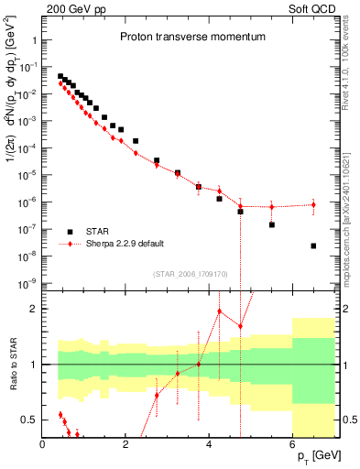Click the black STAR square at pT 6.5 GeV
click(313, 245)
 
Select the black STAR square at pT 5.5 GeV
click(272, 224)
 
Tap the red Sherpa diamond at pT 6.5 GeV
click(313, 204)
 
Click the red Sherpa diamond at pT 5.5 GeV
click(272, 206)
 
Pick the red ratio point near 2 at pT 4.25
click(219, 311)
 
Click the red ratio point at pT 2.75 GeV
click(157, 396)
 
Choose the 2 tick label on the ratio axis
click(33, 309)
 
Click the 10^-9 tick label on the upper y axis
click(25, 282)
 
